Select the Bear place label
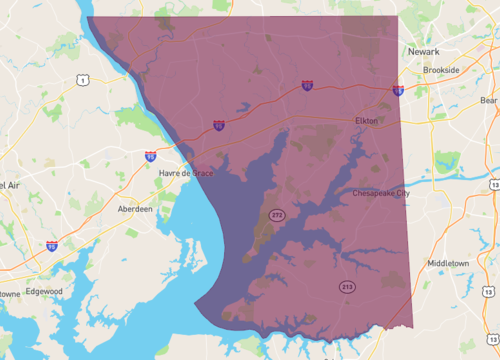(487, 100)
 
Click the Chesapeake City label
(380, 193)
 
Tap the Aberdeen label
(135, 209)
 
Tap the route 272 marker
(274, 215)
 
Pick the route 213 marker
(346, 287)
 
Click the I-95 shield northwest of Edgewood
(51, 245)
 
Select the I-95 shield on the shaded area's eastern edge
(398, 91)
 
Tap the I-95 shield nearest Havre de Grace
(150, 157)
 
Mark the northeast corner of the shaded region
(397, 16)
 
